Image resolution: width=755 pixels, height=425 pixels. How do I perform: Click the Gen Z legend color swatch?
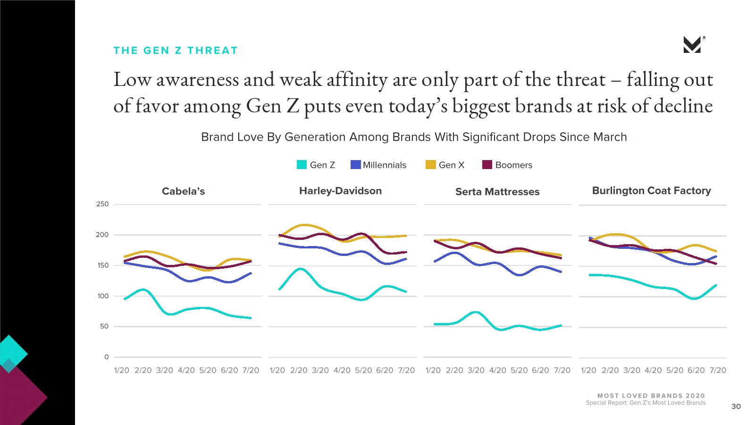click(302, 165)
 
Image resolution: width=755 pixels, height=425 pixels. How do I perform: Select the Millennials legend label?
click(384, 165)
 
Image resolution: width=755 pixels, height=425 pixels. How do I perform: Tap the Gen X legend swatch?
click(430, 165)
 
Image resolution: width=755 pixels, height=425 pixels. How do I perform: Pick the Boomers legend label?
click(513, 165)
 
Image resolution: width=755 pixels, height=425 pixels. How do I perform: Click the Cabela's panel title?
click(183, 191)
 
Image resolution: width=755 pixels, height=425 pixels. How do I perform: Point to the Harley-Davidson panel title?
click(340, 191)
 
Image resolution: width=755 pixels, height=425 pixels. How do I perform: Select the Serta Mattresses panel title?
click(497, 192)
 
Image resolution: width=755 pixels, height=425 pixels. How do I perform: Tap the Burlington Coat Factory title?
click(651, 191)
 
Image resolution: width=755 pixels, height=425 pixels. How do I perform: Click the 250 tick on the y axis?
click(102, 204)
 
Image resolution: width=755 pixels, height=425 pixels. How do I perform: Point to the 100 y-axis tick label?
click(103, 296)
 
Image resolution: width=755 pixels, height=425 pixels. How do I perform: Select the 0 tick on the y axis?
click(106, 357)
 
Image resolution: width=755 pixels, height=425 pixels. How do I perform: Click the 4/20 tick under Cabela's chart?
click(186, 370)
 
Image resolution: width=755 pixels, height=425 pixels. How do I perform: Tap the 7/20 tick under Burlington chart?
click(718, 370)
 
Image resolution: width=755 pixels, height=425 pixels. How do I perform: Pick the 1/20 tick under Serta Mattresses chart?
click(433, 370)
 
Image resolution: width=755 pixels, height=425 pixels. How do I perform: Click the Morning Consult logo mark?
click(693, 45)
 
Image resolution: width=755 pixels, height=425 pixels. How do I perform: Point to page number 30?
click(736, 406)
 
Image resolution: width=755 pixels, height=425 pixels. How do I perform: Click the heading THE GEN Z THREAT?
click(176, 51)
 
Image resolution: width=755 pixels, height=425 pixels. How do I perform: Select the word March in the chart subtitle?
click(610, 137)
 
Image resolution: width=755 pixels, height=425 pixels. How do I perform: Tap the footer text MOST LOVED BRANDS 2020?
click(651, 396)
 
